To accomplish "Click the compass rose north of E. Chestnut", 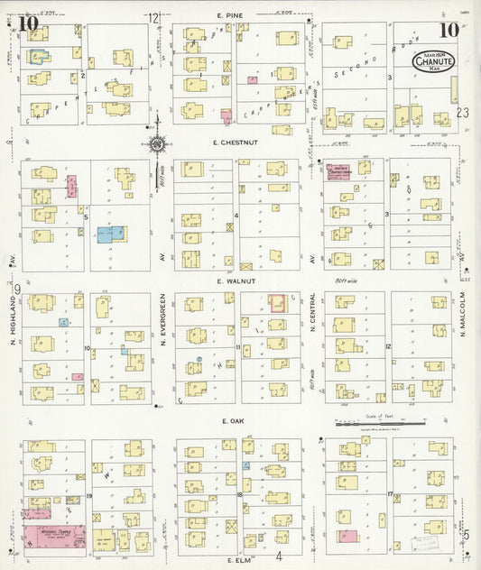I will (x=157, y=142).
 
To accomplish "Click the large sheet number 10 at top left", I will (x=27, y=23).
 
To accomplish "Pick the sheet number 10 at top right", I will (x=449, y=30).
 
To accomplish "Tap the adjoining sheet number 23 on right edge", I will (x=464, y=113).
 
